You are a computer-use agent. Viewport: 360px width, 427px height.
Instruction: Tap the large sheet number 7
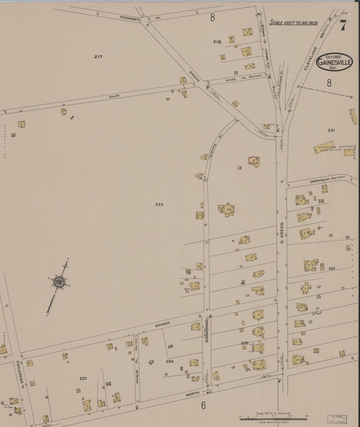343,26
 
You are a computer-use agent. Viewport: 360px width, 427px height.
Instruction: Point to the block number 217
98,57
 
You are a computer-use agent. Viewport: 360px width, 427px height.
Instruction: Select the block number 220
159,204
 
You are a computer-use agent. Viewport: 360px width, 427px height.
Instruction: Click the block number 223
83,378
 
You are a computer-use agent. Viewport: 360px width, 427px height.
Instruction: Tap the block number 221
331,130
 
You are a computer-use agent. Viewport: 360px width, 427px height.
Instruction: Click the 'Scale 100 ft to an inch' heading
294,22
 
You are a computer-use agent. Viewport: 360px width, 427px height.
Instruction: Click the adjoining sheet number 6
202,405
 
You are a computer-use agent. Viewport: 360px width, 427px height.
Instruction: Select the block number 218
217,42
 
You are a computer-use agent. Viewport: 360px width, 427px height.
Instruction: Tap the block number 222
332,268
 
